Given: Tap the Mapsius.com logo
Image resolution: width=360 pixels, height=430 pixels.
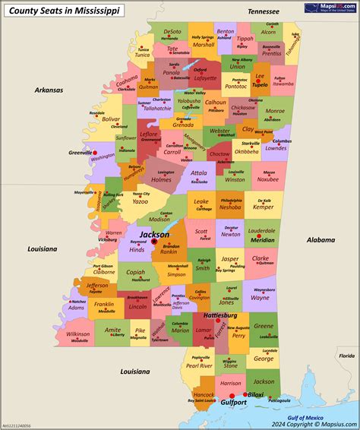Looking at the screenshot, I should coord(330,8).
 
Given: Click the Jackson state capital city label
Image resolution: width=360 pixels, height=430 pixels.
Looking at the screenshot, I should coord(155,235).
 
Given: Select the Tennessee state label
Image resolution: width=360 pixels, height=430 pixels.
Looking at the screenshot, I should coord(264,12).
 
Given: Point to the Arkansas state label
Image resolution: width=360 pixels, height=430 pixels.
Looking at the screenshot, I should coord(49,90).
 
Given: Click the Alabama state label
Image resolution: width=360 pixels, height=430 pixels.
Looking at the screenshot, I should coord(320,239).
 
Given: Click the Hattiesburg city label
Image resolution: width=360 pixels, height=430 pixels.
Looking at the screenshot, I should coord(219,315).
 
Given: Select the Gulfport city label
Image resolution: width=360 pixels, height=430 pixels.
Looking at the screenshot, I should coord(233,403).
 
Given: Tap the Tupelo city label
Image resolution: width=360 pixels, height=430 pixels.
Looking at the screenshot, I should coord(261,84).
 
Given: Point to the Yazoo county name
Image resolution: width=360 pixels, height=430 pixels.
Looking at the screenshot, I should coord(140,202).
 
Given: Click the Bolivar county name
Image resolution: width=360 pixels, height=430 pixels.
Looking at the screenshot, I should coord(111,119).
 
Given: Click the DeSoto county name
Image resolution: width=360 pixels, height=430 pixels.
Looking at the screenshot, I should coord(172,32).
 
